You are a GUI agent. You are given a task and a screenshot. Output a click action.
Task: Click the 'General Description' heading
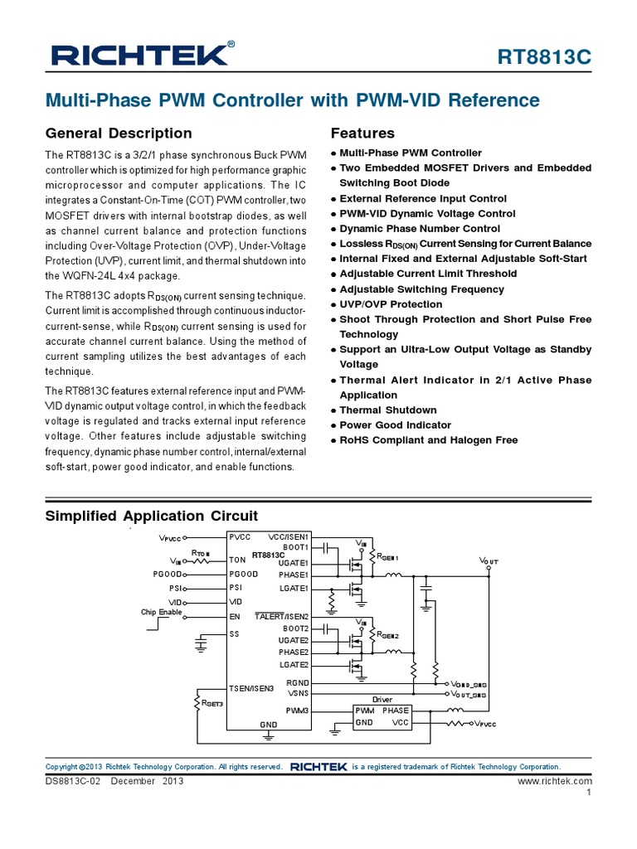click(118, 133)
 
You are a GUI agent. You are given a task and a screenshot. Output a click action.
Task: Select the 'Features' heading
click(362, 133)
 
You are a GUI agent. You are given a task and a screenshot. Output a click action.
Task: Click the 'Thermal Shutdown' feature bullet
click(387, 410)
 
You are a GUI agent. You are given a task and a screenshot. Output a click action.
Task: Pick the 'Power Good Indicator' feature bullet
click(396, 425)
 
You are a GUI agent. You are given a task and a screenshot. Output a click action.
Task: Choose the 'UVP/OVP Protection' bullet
click(391, 304)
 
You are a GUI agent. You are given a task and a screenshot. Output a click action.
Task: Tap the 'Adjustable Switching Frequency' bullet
click(421, 289)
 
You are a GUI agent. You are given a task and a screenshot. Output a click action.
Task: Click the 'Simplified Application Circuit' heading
click(150, 516)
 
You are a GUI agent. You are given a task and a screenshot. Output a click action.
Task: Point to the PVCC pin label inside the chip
click(240, 537)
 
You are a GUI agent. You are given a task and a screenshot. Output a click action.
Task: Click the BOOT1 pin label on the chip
click(295, 548)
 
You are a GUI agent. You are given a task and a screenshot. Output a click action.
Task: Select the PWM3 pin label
click(297, 711)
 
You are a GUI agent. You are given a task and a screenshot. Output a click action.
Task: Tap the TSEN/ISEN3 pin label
click(251, 688)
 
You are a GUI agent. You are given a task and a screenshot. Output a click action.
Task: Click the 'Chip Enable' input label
click(161, 613)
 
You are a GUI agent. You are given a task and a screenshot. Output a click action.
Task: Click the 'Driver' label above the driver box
click(382, 701)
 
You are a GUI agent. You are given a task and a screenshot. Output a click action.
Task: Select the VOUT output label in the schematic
click(489, 561)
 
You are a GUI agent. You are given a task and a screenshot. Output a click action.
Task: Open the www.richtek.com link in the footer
click(555, 781)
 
